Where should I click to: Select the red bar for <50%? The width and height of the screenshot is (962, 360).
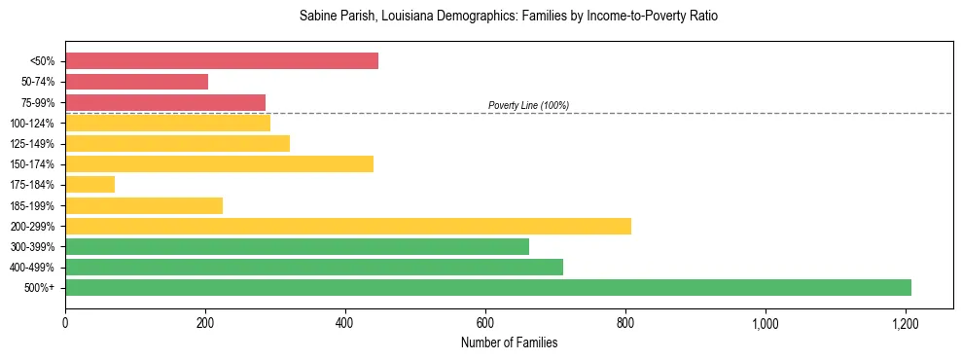222,61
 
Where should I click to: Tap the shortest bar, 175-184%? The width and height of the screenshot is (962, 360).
89,184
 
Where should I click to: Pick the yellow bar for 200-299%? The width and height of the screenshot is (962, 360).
348,226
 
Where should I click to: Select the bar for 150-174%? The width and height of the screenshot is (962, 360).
219,163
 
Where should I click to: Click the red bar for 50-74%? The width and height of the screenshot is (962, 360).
136,82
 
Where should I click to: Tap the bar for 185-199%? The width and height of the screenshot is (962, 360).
144,205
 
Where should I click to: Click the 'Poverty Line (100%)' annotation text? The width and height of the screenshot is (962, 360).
528,105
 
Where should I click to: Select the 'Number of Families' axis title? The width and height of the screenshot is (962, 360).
509,342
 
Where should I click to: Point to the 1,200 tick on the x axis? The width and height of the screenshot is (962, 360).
906,323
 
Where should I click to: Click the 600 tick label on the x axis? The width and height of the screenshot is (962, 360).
485,323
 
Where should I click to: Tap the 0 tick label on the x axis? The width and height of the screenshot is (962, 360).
65,323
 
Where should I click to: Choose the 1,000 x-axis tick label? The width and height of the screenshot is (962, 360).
766,323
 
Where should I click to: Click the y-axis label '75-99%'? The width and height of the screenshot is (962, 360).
38,103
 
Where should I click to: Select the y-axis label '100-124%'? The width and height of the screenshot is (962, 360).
34,124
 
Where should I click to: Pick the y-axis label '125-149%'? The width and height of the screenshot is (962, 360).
34,144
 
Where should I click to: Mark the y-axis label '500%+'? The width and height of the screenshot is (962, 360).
40,288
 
